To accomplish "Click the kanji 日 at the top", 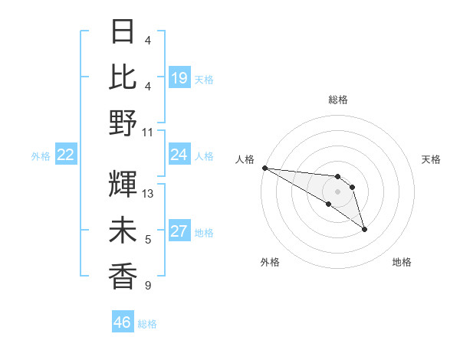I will pos(123,32).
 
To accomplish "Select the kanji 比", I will pos(123,77).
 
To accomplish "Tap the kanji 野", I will pos(123,122).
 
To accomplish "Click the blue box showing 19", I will pos(179,77).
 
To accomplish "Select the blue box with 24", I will pos(179,155).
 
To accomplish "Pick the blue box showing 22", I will pos(66,155).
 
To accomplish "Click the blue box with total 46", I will pos(123,322).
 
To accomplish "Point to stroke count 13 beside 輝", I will pos(149,194).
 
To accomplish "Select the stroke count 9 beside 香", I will pos(148,286).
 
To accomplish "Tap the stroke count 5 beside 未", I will pos(148,241).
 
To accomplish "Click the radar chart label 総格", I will pos(338,100).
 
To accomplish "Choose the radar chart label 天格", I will pos(432,159).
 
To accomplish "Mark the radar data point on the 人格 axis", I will pos(264,168).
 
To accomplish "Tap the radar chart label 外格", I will pos(270,262).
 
